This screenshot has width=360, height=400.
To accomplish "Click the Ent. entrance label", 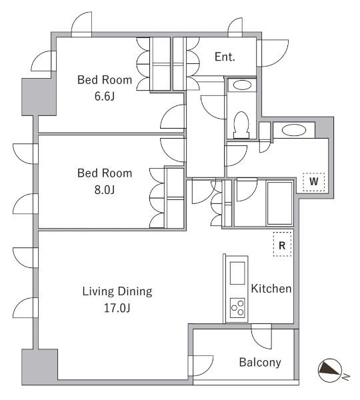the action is pos(225,57).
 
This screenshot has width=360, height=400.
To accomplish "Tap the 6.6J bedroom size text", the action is pos(105,97).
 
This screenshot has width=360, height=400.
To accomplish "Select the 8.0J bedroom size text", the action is pos(105,190).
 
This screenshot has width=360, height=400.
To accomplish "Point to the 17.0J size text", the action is pos(117,308).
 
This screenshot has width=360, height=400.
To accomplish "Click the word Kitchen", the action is pos(271,289).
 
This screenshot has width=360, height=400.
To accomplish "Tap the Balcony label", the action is pos(260,362).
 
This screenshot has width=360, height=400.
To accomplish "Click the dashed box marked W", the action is pos(314,182).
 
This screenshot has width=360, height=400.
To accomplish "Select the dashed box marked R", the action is pos(282,244).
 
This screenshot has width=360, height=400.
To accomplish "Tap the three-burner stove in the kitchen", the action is pos(237,308).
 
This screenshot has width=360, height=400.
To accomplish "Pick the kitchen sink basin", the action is pos(237,273).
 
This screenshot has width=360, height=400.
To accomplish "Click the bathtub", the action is pos(279,203).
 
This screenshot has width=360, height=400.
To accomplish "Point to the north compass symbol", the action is pos(330,371).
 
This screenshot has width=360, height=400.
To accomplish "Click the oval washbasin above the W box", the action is pos(294,131).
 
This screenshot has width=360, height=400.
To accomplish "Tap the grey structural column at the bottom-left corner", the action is pos(39,367).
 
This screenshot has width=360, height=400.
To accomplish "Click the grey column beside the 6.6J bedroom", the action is pos(39,97).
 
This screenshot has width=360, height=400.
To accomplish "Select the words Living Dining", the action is pos(117,291).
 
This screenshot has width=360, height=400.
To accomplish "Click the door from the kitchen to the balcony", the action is pos(261,336).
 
